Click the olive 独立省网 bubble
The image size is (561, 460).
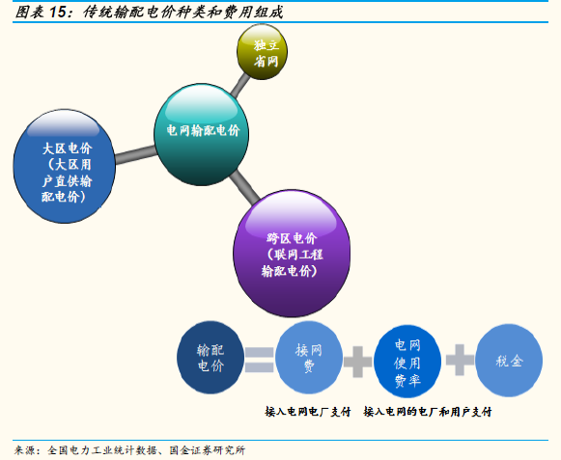[262, 52]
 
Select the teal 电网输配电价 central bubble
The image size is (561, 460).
[202, 135]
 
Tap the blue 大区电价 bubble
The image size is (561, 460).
[65, 166]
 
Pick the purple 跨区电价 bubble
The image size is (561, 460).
[292, 254]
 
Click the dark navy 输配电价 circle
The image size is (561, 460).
[210, 358]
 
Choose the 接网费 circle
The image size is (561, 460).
[309, 358]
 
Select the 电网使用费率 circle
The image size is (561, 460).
[407, 361]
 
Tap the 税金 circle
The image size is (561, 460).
[509, 361]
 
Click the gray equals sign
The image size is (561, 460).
[260, 360]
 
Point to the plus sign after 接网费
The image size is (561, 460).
[358, 362]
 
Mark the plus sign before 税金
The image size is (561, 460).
[460, 360]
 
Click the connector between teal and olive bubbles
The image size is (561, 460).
[240, 85]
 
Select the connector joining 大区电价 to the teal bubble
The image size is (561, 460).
[136, 154]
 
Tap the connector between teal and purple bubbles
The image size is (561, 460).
[244, 187]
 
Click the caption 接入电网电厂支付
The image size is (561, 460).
[308, 412]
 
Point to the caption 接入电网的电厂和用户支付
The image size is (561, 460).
[428, 412]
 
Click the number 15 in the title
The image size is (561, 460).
[58, 13]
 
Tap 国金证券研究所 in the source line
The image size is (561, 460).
[208, 450]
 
